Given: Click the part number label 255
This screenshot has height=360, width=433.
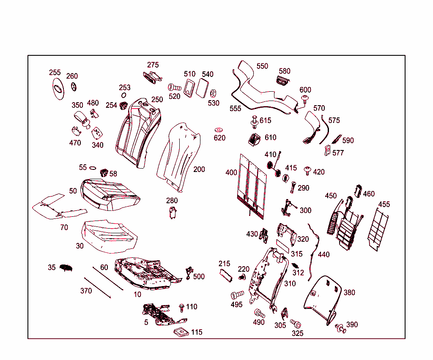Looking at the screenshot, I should [x=55, y=73].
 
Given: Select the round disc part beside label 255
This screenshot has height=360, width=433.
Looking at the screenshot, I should [x=57, y=89].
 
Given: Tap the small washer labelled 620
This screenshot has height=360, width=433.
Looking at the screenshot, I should [x=219, y=129].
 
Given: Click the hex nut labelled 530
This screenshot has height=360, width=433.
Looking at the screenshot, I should [x=214, y=92].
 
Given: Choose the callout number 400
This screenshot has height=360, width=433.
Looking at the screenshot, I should [x=231, y=172].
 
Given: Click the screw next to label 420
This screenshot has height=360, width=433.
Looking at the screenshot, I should [x=307, y=171].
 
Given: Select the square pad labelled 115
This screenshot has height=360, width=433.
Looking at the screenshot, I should [x=181, y=332].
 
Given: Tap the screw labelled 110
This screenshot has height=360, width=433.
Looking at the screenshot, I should [x=182, y=306].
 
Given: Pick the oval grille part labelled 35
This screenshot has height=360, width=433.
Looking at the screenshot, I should [x=66, y=267].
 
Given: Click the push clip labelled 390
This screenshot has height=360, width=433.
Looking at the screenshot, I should [x=340, y=328].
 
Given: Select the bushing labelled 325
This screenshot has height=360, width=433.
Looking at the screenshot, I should [x=295, y=324].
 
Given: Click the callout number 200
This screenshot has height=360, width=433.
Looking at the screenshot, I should [x=199, y=169].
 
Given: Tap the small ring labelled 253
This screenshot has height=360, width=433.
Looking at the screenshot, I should [x=124, y=95].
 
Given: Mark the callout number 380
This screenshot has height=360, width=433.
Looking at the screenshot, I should [x=349, y=292].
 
